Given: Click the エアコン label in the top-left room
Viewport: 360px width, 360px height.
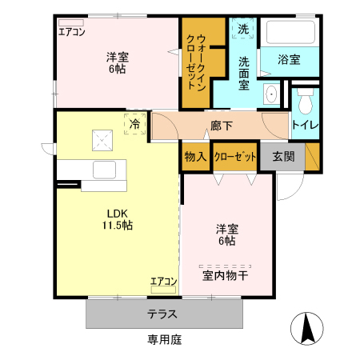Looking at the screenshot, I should click(x=71, y=32).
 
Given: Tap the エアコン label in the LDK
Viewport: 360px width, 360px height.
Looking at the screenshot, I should click(x=163, y=282).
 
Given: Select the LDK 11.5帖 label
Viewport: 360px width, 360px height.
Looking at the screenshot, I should click(x=117, y=219).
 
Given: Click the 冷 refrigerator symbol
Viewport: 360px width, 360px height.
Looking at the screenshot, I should click(x=135, y=124).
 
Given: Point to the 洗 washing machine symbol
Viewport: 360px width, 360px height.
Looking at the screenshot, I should click(x=242, y=30).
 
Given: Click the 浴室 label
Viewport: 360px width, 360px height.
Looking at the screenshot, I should click(x=289, y=59).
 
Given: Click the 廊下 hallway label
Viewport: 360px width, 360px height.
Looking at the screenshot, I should click(x=222, y=126).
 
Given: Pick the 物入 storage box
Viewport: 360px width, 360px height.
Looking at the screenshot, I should click(x=194, y=156).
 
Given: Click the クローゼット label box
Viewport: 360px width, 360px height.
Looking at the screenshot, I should click(x=235, y=156).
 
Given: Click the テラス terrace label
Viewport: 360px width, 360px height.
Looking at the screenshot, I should click(x=162, y=314).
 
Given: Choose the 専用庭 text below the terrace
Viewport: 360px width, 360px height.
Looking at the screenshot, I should click(x=165, y=339).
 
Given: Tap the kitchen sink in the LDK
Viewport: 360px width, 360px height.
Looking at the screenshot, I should click(x=105, y=170).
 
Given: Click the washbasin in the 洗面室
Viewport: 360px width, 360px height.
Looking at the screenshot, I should click(x=271, y=94).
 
